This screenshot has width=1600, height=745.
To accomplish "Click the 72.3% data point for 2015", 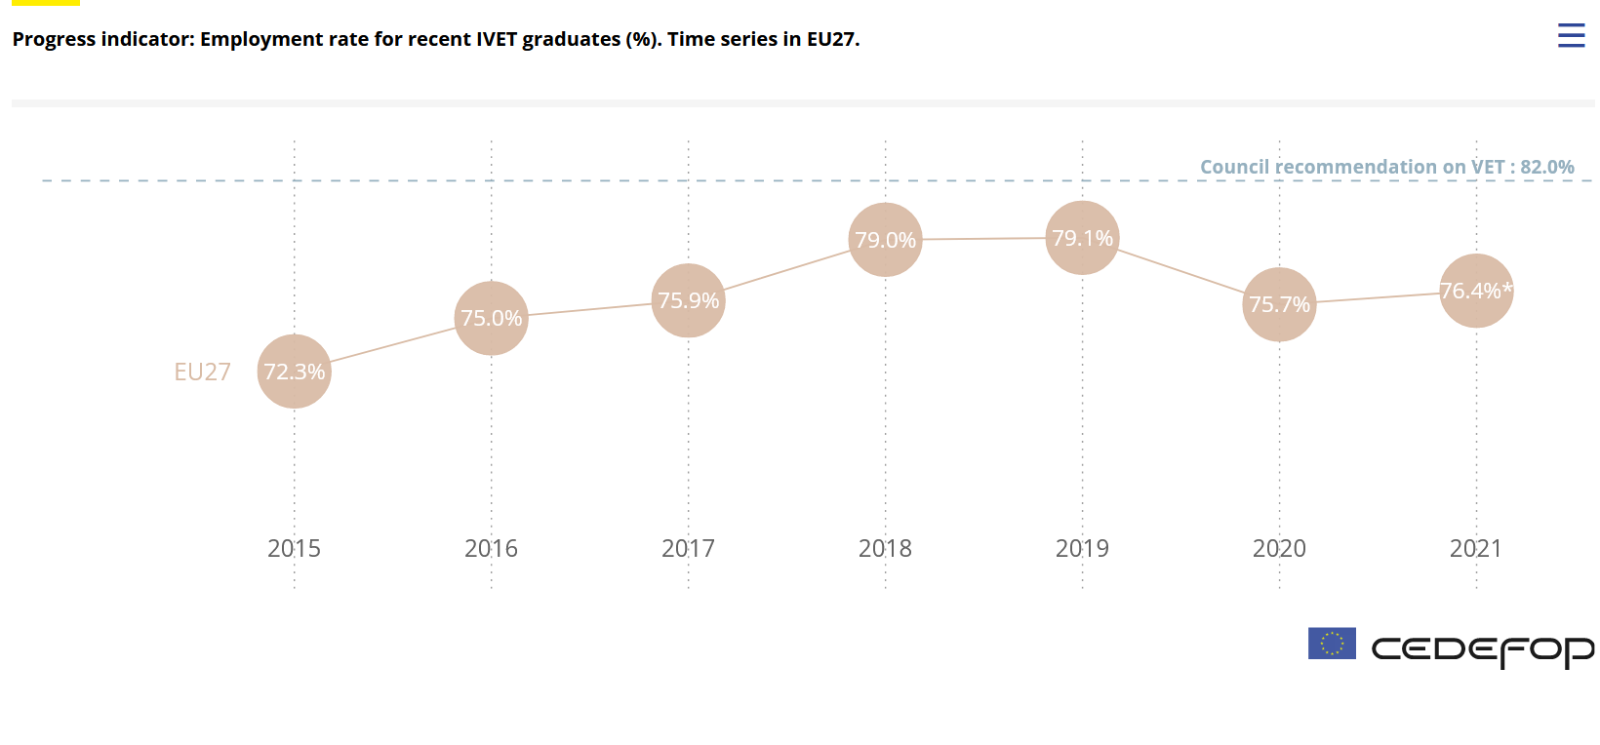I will pyautogui.click(x=295, y=372).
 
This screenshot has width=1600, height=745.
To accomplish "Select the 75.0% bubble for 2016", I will pyautogui.click(x=492, y=318).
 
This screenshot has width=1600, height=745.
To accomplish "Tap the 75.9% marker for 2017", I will pyautogui.click(x=689, y=300).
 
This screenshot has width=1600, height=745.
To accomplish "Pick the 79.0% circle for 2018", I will pyautogui.click(x=886, y=240).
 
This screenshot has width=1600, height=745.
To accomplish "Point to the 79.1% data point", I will pyautogui.click(x=1083, y=238).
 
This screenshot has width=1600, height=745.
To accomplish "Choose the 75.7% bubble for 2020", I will pyautogui.click(x=1280, y=304).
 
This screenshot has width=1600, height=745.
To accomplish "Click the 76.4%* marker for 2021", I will pyautogui.click(x=1477, y=291).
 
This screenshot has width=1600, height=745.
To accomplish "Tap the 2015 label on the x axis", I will pyautogui.click(x=295, y=549).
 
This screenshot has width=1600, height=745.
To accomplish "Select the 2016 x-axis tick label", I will pyautogui.click(x=492, y=549).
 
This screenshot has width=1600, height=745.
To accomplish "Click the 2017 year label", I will pyautogui.click(x=689, y=549).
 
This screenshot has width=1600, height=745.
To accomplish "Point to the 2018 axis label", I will pyautogui.click(x=886, y=549).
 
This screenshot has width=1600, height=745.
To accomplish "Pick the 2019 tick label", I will pyautogui.click(x=1083, y=549).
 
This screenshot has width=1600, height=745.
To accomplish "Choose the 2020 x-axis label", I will pyautogui.click(x=1280, y=549).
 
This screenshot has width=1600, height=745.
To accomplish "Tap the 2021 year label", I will pyautogui.click(x=1476, y=549).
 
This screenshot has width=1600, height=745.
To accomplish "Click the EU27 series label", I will pyautogui.click(x=203, y=372).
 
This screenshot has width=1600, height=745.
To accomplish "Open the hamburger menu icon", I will pyautogui.click(x=1571, y=36).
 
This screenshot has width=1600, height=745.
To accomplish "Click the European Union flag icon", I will pyautogui.click(x=1332, y=644).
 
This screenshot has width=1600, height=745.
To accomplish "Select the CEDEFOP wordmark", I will pyautogui.click(x=1482, y=649).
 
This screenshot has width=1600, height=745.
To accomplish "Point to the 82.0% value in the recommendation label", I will pyautogui.click(x=1547, y=167).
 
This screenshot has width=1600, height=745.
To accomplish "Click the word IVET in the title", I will pyautogui.click(x=497, y=40).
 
